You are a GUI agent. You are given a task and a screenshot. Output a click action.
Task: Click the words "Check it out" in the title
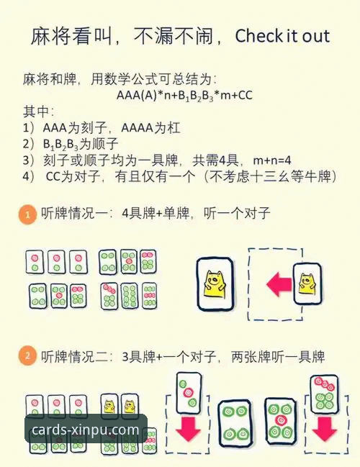pos(282,36)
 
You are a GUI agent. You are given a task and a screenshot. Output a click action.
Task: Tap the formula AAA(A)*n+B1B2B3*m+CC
pos(184,96)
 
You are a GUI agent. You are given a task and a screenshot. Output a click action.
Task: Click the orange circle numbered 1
pos(27,214)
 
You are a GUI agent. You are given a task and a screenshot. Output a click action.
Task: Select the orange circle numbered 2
pos(27,356)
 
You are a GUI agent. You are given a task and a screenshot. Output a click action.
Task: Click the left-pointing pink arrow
pos(279,284)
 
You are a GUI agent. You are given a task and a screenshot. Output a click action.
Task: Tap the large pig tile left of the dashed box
pos(215,284)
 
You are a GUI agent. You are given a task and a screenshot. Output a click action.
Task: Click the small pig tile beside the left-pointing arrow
pos(307,284)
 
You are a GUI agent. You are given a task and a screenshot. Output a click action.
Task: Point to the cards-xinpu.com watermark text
pos(85,430)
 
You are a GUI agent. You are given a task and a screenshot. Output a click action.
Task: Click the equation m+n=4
pos(271,160)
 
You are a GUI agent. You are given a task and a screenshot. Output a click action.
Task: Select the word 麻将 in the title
pos(50,36)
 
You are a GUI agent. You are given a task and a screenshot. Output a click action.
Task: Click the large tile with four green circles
pos(235,423)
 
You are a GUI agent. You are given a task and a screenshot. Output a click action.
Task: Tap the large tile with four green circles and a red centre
pos(280,421)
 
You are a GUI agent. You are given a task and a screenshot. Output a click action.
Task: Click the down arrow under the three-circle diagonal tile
pos(189,429)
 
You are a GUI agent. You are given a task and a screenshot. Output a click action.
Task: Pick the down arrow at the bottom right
pos(324,429)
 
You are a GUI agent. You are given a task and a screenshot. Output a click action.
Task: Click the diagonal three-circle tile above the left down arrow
pos(189,393)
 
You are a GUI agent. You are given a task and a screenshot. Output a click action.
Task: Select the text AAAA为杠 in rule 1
pos(150,128)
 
